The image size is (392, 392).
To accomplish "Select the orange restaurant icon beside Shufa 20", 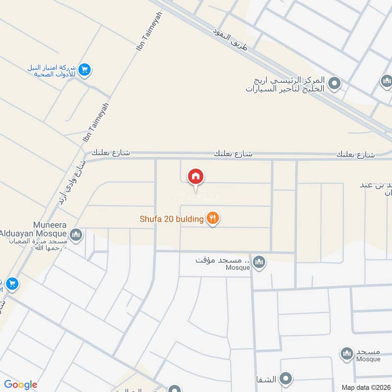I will [x=212, y=218].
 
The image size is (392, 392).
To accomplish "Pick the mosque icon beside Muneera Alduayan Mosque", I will [x=76, y=235].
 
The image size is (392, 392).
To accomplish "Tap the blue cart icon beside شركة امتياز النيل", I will [x=85, y=70].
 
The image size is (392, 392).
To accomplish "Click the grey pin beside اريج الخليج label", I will [x=335, y=84].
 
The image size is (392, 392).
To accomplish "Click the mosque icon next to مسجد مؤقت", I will [x=260, y=262].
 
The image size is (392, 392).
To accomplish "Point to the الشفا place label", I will [x=265, y=379].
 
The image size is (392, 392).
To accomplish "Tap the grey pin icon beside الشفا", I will [x=286, y=378].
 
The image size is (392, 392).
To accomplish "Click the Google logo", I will [x=21, y=385].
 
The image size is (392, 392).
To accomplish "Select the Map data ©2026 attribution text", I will [x=365, y=387].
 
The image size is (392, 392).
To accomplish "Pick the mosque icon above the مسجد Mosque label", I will [x=347, y=352].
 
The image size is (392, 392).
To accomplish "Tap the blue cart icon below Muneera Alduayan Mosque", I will [x=12, y=284].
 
